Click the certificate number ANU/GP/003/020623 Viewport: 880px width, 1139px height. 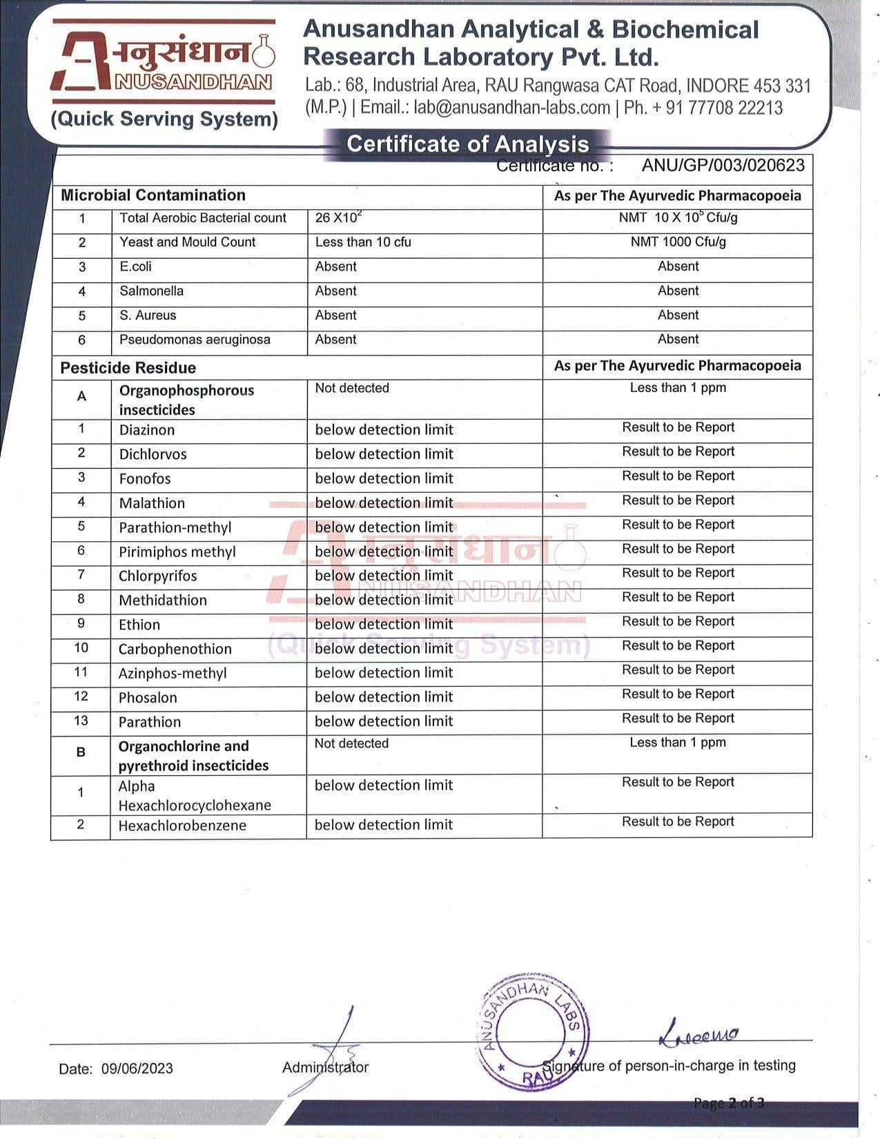click(723, 166)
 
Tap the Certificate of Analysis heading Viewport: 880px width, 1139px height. click(467, 144)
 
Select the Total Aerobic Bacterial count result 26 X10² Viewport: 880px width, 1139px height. click(338, 217)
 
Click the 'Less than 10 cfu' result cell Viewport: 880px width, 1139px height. click(363, 242)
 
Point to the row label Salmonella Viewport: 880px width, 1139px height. click(151, 291)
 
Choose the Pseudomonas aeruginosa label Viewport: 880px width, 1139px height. click(195, 340)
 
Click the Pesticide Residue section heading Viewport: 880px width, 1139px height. click(128, 368)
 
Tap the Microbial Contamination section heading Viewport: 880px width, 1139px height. click(153, 195)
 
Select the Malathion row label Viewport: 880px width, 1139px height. click(152, 503)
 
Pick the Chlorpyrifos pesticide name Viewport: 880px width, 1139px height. click(157, 576)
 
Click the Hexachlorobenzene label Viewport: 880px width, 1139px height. click(182, 826)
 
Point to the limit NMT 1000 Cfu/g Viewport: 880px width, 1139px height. click(678, 242)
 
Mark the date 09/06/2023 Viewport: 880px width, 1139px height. click(137, 1069)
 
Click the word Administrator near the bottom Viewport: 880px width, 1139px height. click(325, 1067)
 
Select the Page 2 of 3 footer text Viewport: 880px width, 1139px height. click(729, 1102)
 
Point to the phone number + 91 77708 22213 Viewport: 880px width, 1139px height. click(715, 108)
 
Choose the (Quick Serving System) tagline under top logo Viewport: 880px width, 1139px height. click(164, 119)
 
